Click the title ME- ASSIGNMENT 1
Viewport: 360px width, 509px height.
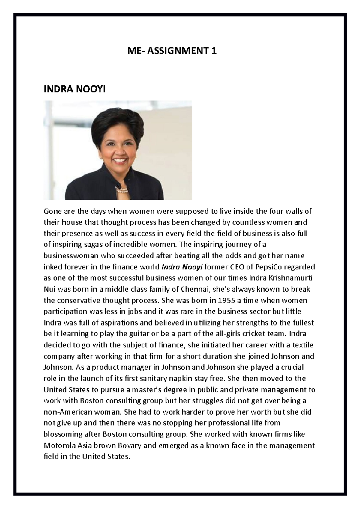point(172,51)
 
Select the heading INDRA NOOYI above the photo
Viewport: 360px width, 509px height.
point(74,89)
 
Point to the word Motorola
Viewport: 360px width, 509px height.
point(58,445)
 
